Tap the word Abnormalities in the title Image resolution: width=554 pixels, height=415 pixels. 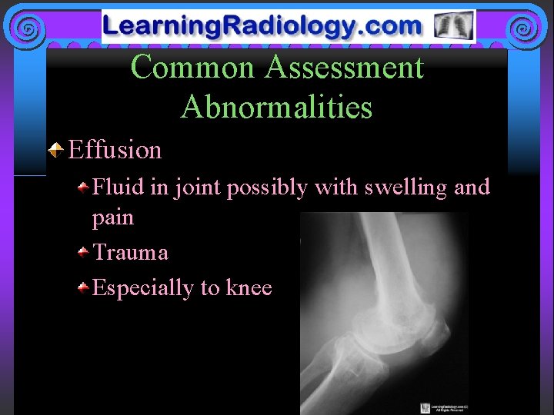point(276,107)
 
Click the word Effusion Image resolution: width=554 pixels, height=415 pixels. point(115,149)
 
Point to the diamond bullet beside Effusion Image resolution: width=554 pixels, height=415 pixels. point(56,148)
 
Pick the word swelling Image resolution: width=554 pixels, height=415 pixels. point(397,187)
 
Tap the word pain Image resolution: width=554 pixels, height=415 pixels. point(112,217)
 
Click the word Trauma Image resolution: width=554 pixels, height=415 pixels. point(130,252)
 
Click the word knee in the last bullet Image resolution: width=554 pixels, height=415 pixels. point(249,287)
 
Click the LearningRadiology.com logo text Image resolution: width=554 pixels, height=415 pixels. point(263,26)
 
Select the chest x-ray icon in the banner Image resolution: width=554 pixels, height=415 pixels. point(453,26)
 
